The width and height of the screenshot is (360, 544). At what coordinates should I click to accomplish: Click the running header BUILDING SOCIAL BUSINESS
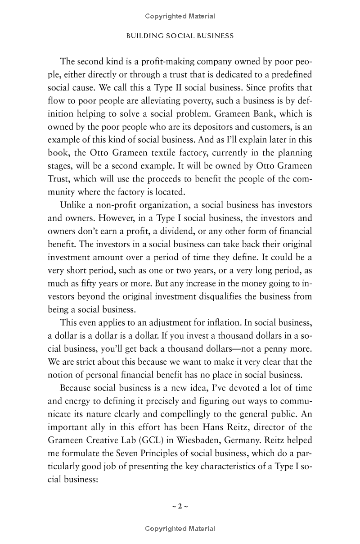180,36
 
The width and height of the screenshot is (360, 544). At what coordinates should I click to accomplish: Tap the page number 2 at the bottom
180,506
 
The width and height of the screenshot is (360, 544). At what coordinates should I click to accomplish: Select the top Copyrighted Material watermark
180,16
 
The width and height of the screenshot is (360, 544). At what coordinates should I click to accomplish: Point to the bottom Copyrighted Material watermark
180,529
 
